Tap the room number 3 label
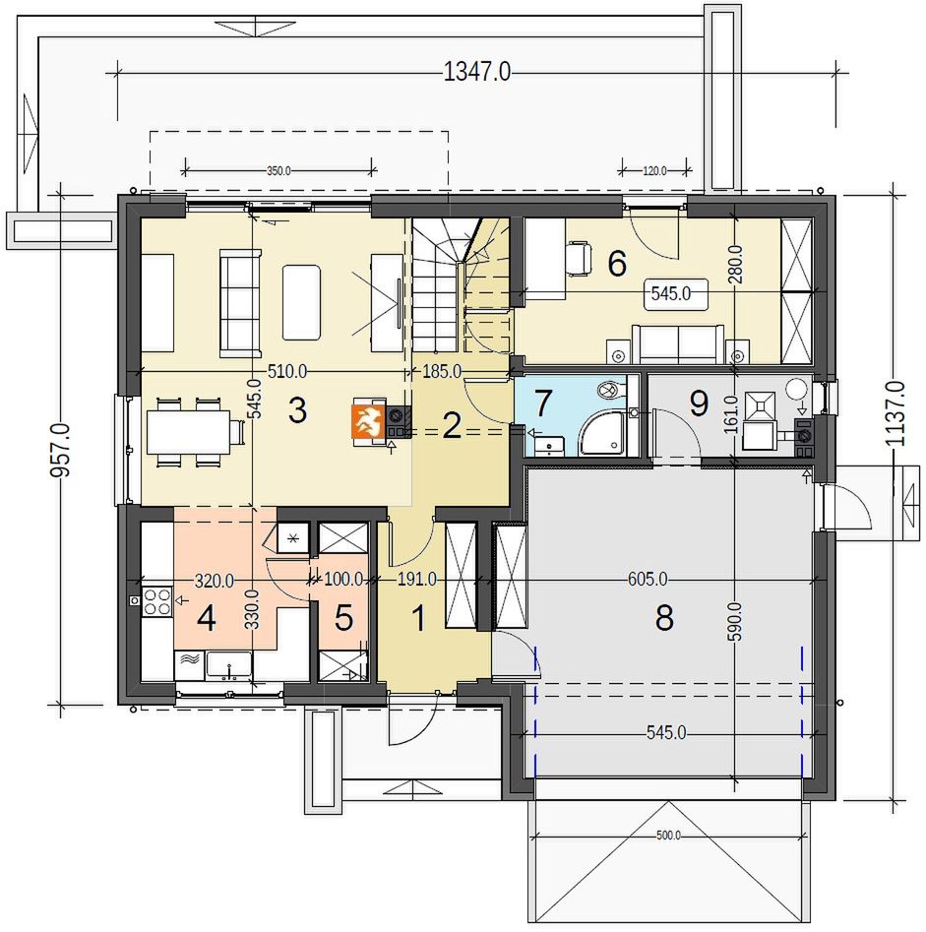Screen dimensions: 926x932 (297, 410)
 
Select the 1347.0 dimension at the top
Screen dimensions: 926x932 (477, 73)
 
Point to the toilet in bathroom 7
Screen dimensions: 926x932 (610, 391)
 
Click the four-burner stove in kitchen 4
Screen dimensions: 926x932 (156, 601)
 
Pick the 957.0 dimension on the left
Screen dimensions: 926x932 (61, 450)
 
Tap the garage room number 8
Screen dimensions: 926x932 (664, 618)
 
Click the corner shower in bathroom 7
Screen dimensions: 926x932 (602, 435)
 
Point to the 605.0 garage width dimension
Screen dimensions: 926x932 (648, 579)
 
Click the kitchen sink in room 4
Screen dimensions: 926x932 (229, 665)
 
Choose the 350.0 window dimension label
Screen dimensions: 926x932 (278, 171)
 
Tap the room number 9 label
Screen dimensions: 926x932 (699, 404)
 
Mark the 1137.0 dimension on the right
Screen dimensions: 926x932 (895, 413)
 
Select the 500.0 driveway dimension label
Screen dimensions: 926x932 (668, 836)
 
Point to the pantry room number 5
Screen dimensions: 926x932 (344, 618)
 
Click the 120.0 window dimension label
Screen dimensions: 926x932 (655, 171)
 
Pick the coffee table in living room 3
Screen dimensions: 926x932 (301, 302)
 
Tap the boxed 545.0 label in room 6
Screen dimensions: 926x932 (670, 293)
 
